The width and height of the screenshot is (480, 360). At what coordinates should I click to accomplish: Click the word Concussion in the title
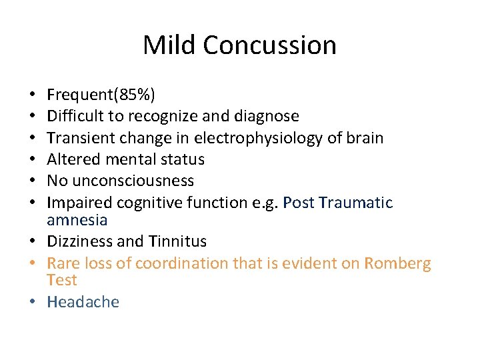(x=269, y=45)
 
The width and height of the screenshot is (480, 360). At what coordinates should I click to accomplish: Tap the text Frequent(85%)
(x=101, y=95)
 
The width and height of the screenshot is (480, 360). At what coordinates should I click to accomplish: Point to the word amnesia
(x=77, y=219)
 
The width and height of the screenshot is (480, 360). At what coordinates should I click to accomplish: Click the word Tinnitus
(x=179, y=241)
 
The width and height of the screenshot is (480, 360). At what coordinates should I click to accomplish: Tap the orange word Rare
(x=63, y=263)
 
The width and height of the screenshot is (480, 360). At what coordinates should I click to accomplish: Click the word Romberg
(x=397, y=263)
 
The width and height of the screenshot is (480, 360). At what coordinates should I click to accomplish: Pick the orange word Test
(x=62, y=280)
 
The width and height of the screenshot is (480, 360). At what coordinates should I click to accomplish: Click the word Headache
(x=83, y=302)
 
